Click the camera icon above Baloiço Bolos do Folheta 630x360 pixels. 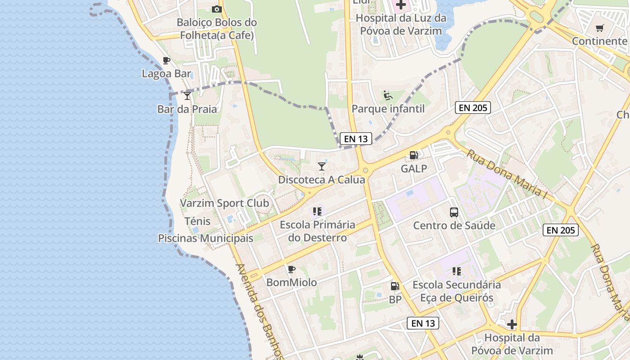point(216,9)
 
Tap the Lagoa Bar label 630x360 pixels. point(166,73)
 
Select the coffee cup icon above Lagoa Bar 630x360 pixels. point(166,60)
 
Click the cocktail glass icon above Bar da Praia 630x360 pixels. point(187,95)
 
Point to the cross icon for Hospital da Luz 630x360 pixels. point(400,5)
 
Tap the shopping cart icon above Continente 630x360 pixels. point(599,28)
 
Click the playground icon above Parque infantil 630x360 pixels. point(387,95)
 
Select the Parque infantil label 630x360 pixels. point(388,108)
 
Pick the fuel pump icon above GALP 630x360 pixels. point(414,155)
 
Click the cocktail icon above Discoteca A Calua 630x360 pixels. point(321,166)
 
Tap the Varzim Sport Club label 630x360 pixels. point(225,203)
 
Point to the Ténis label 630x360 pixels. point(198,221)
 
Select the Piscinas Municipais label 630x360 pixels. point(206,238)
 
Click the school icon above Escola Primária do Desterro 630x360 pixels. point(317,211)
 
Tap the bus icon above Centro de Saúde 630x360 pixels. point(454,212)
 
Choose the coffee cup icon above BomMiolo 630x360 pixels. point(292,269)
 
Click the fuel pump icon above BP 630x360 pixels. point(395,286)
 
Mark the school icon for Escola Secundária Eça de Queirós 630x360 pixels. point(457,271)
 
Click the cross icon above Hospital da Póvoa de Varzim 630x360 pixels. point(512,324)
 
